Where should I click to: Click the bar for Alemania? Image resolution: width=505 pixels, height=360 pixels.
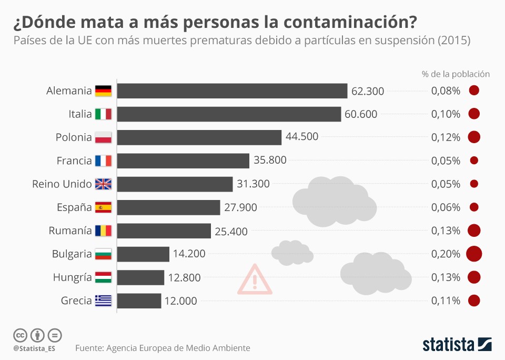pyautogui.click(x=232, y=91)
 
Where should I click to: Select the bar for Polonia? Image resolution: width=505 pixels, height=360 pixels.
pyautogui.click(x=199, y=137)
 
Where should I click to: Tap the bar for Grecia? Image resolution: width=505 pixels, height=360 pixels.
pyautogui.click(x=139, y=301)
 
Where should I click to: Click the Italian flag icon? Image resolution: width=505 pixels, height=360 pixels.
pyautogui.click(x=103, y=114)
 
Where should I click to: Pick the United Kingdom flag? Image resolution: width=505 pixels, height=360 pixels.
pyautogui.click(x=103, y=184)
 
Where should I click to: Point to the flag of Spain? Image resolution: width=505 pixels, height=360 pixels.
pyautogui.click(x=103, y=207)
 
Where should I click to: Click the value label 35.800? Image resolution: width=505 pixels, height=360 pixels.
pyautogui.click(x=270, y=161)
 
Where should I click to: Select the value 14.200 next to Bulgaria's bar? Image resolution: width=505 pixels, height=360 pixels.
pyautogui.click(x=189, y=254)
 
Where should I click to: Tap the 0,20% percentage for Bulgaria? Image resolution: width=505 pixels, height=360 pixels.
pyautogui.click(x=446, y=254)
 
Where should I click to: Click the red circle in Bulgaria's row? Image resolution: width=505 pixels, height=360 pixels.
pyautogui.click(x=474, y=254)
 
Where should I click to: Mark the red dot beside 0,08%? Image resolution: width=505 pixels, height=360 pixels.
pyautogui.click(x=474, y=91)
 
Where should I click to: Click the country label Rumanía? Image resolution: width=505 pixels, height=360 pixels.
pyautogui.click(x=70, y=231)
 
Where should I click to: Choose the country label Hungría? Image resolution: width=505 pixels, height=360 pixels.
pyautogui.click(x=72, y=277)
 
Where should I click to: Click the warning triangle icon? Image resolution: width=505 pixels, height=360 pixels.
pyautogui.click(x=255, y=280)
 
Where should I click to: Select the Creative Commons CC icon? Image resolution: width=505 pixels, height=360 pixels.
pyautogui.click(x=20, y=335)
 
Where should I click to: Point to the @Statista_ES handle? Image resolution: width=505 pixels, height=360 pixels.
pyautogui.click(x=34, y=348)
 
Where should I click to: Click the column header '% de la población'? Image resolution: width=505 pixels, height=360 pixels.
pyautogui.click(x=456, y=74)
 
